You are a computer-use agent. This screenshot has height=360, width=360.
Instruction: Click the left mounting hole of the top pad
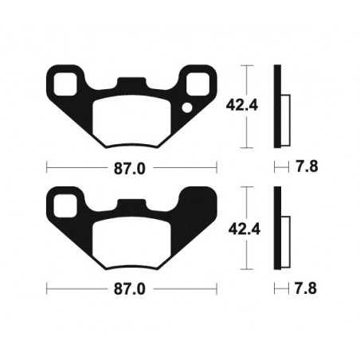pyautogui.click(x=67, y=80)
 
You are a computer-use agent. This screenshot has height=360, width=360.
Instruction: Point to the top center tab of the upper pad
pyautogui.click(x=131, y=83)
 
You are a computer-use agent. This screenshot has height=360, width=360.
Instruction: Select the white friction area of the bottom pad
pyautogui.click(x=131, y=242)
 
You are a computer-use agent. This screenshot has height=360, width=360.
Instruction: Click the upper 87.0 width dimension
pyautogui.click(x=131, y=168)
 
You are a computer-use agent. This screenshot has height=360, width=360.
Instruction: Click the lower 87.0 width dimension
pyautogui.click(x=131, y=290)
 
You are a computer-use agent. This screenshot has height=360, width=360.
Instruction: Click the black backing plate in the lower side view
pyautogui.click(x=278, y=229)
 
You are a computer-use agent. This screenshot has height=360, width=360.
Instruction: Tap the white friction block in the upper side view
pyautogui.click(x=285, y=112)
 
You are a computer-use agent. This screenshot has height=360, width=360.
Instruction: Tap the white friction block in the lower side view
pyautogui.click(x=285, y=236)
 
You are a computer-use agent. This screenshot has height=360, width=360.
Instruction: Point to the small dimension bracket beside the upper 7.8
pyautogui.click(x=280, y=168)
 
